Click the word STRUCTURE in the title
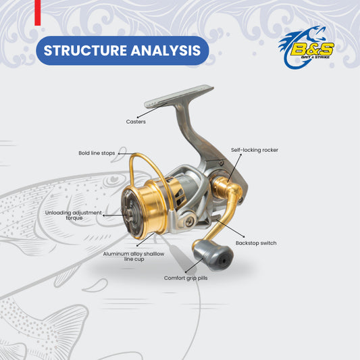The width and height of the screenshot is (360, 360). (86, 50)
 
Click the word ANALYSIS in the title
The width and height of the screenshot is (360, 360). (165, 50)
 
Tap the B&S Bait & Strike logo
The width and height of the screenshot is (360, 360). (306, 48)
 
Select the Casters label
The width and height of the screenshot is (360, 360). (136, 122)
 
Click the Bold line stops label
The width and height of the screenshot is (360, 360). (97, 153)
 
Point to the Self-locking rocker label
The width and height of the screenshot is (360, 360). (255, 150)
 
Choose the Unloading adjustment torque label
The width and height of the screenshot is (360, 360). (74, 215)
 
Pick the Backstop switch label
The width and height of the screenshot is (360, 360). (256, 243)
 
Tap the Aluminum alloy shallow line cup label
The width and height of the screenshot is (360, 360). (134, 257)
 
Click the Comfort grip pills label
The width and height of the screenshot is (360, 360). (186, 278)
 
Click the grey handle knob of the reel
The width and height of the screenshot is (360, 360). (213, 255)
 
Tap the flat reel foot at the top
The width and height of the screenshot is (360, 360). (179, 96)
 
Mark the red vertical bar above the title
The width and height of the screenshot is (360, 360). (38, 13)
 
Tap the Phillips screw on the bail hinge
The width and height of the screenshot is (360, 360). (190, 221)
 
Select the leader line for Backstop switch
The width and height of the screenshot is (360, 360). (230, 228)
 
